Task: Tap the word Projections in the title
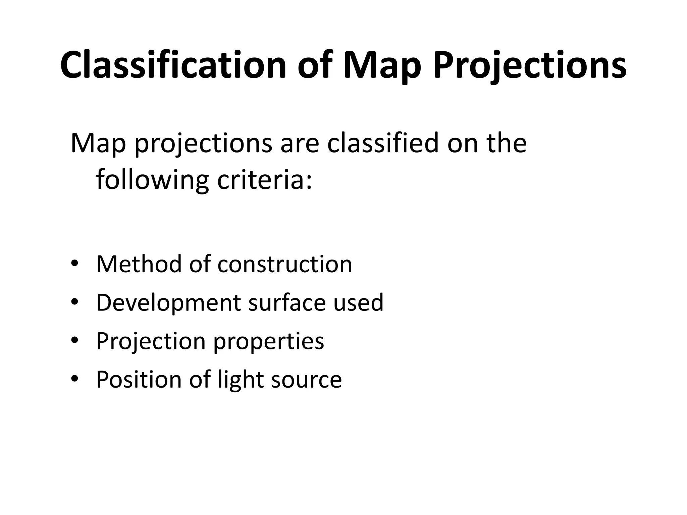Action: (x=529, y=66)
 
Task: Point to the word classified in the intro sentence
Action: (x=383, y=143)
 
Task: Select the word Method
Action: (x=139, y=264)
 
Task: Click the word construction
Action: (x=285, y=264)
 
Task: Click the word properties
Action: (x=269, y=341)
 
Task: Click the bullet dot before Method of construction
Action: (x=74, y=264)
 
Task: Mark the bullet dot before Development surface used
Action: (x=74, y=302)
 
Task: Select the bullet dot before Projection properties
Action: (x=74, y=340)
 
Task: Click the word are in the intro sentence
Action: (x=300, y=143)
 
